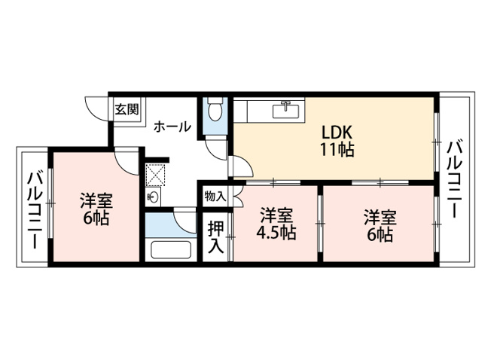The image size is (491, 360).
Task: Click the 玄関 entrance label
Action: (x=127, y=109)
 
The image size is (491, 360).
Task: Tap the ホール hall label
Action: (x=172, y=127)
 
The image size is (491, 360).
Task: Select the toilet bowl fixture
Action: (x=215, y=109)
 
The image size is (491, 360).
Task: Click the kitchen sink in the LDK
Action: (x=286, y=110)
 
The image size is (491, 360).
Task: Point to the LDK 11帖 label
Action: (x=337, y=141)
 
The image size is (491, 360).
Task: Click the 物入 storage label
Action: (x=215, y=197)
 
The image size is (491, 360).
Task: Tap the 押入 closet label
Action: (x=216, y=236)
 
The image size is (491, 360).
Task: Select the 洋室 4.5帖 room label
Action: (x=276, y=224)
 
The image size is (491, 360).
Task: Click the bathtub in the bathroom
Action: (x=171, y=249)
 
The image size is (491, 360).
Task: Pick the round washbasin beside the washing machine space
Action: (x=154, y=197)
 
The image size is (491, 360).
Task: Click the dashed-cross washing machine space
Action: (x=155, y=175)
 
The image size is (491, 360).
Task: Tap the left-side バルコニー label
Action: (x=35, y=209)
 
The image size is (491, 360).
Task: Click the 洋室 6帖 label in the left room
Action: (x=96, y=209)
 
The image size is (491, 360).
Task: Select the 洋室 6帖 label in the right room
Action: (x=380, y=226)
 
